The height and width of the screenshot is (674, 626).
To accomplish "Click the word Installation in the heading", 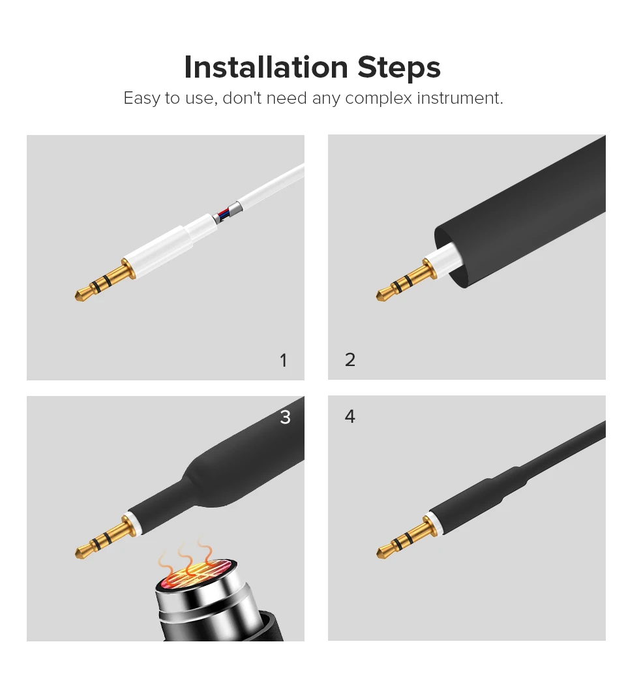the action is pyautogui.click(x=265, y=67).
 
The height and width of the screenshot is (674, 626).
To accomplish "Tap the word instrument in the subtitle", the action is pyautogui.click(x=460, y=98).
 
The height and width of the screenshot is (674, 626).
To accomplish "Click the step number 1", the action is pyautogui.click(x=283, y=360).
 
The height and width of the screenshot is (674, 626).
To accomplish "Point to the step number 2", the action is pyautogui.click(x=350, y=360).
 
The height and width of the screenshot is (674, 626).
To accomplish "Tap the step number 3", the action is pyautogui.click(x=286, y=417).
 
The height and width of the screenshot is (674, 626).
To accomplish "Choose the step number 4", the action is pyautogui.click(x=350, y=416).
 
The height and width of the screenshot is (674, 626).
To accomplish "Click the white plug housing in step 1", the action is pyautogui.click(x=168, y=243).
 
